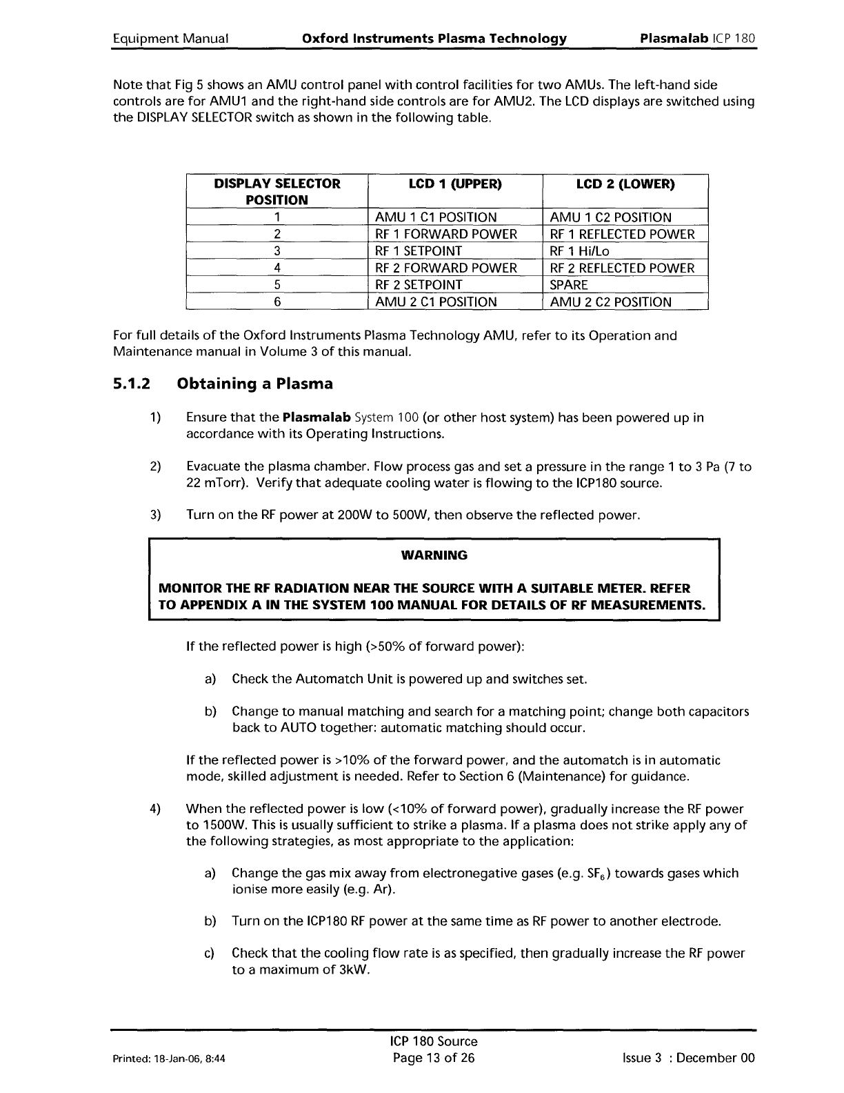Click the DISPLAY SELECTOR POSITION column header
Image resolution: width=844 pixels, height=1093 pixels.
click(277, 192)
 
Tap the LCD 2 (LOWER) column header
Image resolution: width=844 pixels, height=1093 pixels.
click(625, 184)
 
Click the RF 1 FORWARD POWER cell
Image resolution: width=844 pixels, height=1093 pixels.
click(445, 234)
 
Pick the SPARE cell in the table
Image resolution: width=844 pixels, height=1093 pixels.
click(569, 285)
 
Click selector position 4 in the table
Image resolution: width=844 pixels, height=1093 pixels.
click(277, 268)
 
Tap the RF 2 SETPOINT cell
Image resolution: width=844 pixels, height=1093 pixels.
click(419, 285)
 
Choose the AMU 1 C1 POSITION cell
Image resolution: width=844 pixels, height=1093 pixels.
click(435, 217)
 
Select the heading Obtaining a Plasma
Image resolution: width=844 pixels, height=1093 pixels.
click(255, 384)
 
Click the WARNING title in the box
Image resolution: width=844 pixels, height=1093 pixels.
click(434, 555)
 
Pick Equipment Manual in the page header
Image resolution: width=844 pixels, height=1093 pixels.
click(170, 38)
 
